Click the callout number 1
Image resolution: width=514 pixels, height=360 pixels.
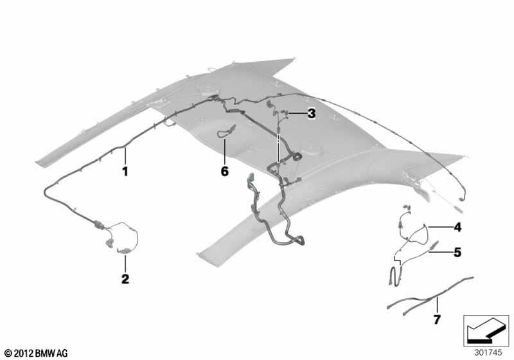pyautogui.click(x=125, y=171)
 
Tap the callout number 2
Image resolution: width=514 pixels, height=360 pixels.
pyautogui.click(x=125, y=280)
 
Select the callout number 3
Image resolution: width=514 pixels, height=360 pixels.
pyautogui.click(x=312, y=114)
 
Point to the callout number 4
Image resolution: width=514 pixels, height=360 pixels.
pyautogui.click(x=457, y=227)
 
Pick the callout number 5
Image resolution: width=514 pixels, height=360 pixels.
pyautogui.click(x=457, y=252)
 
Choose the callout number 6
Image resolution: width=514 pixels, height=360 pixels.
pyautogui.click(x=224, y=171)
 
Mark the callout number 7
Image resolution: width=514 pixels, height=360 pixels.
pyautogui.click(x=437, y=319)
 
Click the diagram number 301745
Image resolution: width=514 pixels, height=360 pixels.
pyautogui.click(x=488, y=353)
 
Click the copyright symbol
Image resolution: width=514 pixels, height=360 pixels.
pyautogui.click(x=9, y=354)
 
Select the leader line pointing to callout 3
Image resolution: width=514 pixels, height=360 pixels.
pyautogui.click(x=297, y=113)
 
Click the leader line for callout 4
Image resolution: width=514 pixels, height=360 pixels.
pyautogui.click(x=439, y=226)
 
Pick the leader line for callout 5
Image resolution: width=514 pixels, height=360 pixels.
pyautogui.click(x=441, y=252)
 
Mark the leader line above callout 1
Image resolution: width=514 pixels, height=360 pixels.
pyautogui.click(x=125, y=156)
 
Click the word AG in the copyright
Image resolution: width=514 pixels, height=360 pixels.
pyautogui.click(x=62, y=354)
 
